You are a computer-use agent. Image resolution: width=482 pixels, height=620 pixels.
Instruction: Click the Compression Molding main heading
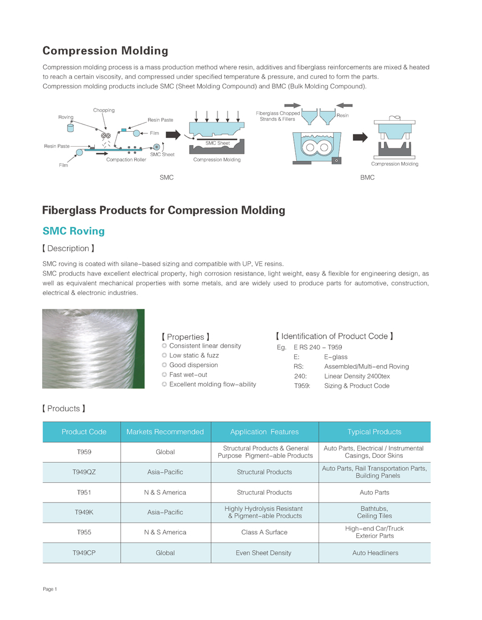[x=105, y=51]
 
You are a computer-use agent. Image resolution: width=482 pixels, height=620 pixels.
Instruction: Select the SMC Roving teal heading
[x=73, y=231]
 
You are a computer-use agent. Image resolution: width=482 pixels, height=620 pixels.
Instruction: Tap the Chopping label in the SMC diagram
[x=104, y=110]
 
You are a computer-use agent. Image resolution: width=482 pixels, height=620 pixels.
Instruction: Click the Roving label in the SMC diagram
[x=66, y=117]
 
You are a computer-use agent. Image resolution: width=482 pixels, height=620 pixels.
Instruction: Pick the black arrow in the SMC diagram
[x=173, y=135]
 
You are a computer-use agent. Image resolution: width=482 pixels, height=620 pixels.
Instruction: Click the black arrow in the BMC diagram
[x=360, y=137]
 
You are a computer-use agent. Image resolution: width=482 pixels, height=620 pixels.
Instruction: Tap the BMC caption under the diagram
[x=367, y=178]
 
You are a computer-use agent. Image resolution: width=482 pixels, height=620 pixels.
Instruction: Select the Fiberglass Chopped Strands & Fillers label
[x=278, y=116]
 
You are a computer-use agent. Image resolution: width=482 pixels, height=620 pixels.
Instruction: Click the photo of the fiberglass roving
[x=93, y=348]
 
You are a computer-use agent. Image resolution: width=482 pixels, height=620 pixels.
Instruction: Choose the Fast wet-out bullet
[x=188, y=375]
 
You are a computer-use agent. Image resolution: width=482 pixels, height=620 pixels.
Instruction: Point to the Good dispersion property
[x=193, y=365]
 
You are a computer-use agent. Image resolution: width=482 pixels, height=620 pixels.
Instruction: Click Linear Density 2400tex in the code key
[x=357, y=376]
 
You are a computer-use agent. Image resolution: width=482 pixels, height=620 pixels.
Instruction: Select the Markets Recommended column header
[x=165, y=432]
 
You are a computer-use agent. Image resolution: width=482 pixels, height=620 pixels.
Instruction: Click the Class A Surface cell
[x=264, y=533]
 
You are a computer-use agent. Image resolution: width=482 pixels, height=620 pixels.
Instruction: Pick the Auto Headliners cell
[x=375, y=553]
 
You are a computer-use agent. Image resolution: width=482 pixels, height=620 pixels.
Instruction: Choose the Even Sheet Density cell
[x=264, y=553]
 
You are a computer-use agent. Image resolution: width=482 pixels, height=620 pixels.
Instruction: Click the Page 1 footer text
[x=50, y=589]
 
